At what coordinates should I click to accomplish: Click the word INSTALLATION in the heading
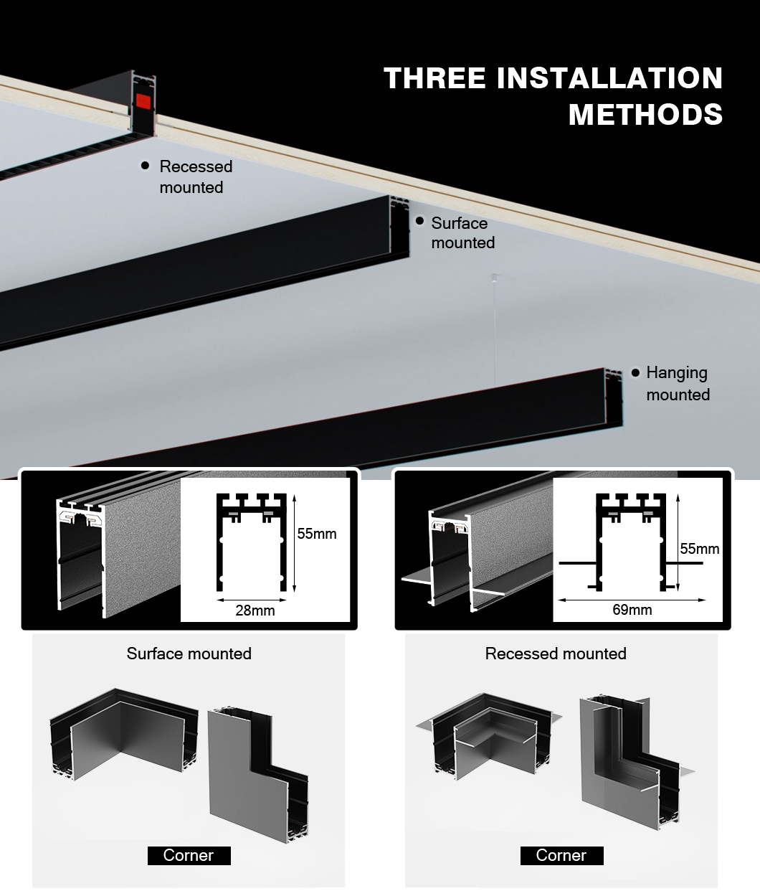[x=609, y=78]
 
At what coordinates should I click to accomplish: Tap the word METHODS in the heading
[x=645, y=115]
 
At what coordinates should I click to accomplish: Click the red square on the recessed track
[x=143, y=100]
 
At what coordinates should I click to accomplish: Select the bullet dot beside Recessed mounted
[x=145, y=166]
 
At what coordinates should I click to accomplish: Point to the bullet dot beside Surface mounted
[x=419, y=221]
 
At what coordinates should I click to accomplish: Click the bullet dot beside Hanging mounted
[x=635, y=373]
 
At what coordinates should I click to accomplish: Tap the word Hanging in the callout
[x=676, y=373]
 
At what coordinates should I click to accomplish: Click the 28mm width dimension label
[x=255, y=610]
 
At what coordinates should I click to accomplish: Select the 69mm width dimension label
[x=632, y=610]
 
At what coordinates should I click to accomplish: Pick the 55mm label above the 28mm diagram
[x=316, y=534]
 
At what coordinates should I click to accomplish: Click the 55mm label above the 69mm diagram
[x=699, y=549]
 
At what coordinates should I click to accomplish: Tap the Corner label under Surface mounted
[x=189, y=855]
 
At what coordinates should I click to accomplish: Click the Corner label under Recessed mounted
[x=561, y=855]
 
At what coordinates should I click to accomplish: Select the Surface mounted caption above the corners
[x=189, y=654]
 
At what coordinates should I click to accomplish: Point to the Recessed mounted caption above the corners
[x=556, y=654]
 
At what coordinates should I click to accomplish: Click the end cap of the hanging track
[x=613, y=397]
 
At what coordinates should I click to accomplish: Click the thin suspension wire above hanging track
[x=493, y=323]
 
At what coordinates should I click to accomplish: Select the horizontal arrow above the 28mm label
[x=255, y=599]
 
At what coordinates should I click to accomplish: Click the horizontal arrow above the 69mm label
[x=632, y=599]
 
